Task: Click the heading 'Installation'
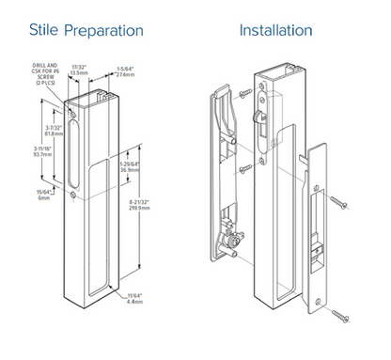click(275, 30)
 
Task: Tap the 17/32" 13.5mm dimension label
click(81, 68)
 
